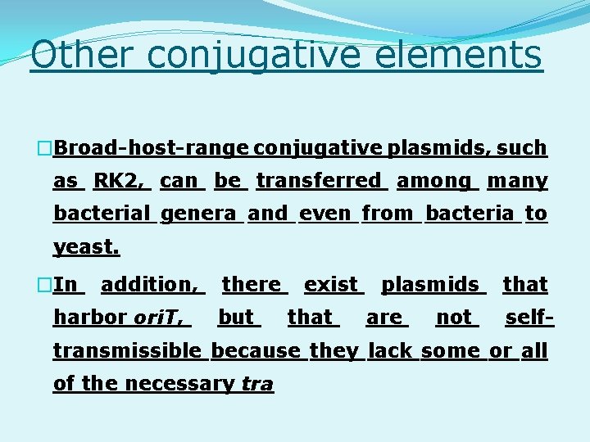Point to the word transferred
319,181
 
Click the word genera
199,214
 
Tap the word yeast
86,246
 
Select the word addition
150,285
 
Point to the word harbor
89,318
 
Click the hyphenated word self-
529,318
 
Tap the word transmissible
127,351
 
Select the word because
256,351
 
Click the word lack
390,351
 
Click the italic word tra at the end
257,384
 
